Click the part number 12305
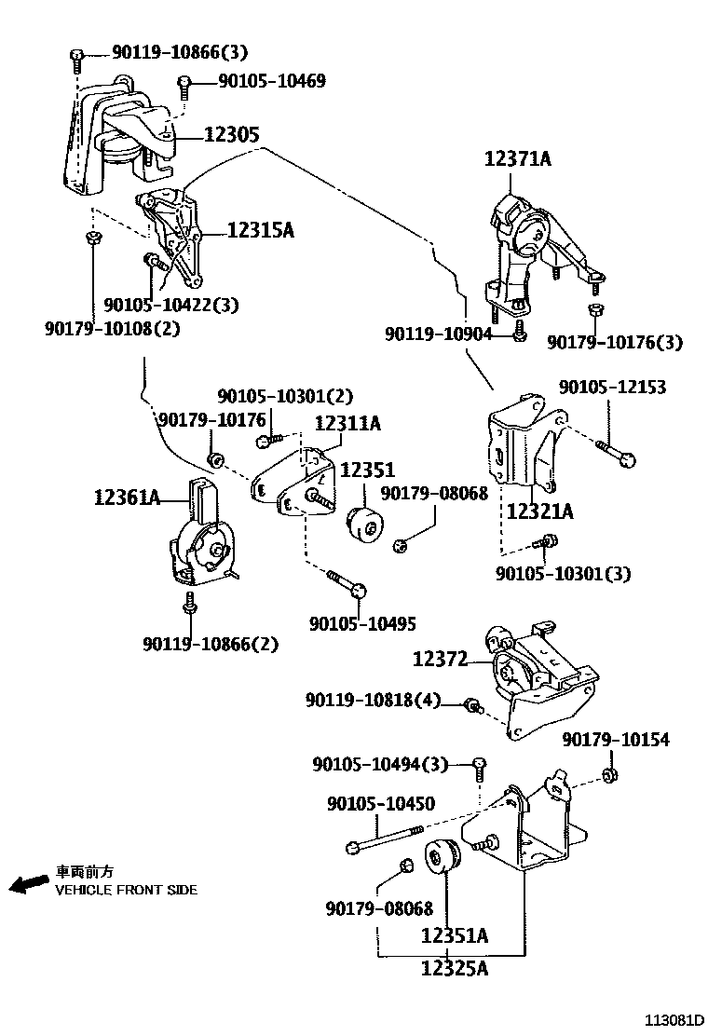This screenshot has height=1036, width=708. point(231,135)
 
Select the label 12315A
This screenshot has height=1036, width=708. point(260,230)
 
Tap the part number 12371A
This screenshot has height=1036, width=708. point(517,159)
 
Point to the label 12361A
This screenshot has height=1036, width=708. point(127,498)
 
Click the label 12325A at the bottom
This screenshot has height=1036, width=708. point(454,969)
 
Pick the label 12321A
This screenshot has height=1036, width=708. point(539,511)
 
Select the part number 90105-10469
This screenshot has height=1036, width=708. point(271,82)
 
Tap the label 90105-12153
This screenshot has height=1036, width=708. point(612,387)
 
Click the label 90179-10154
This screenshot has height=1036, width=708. point(616,740)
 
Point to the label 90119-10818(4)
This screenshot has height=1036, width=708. point(373,699)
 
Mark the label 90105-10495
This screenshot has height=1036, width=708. point(363,624)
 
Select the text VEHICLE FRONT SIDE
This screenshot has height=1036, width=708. point(126,890)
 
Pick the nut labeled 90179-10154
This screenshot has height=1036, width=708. point(611,775)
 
